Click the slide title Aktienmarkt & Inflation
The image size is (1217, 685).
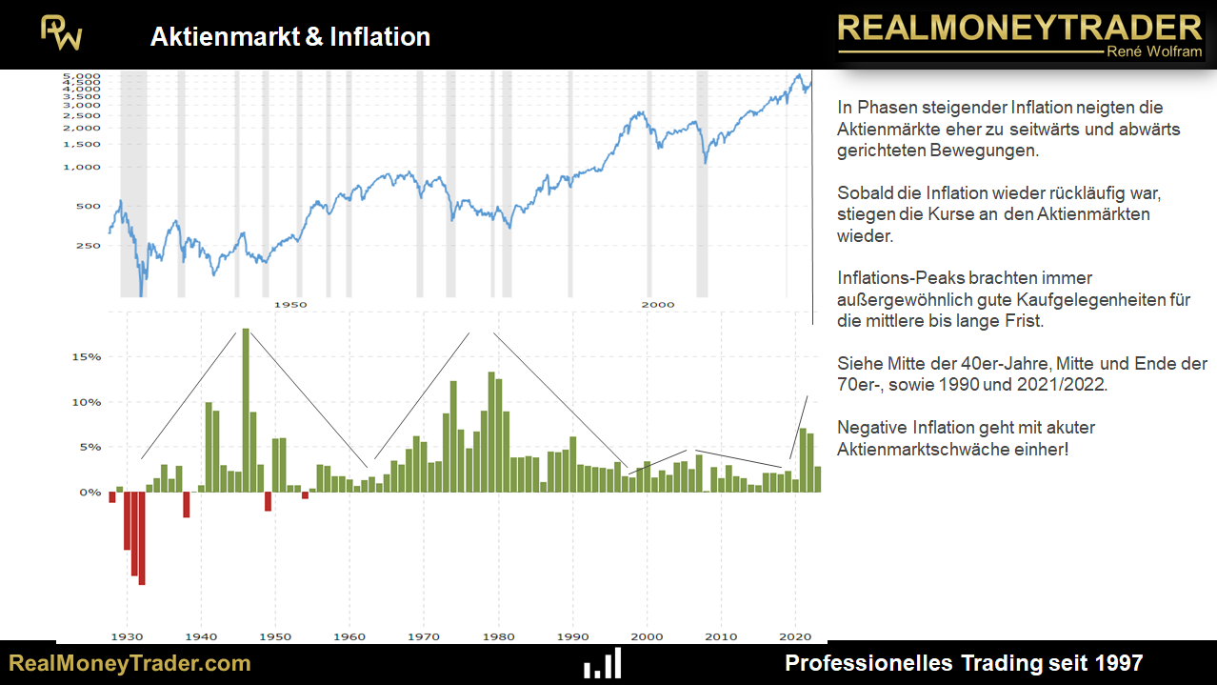tap(289, 37)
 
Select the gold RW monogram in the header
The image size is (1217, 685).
tap(61, 33)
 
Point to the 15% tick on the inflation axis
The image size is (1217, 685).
tap(88, 357)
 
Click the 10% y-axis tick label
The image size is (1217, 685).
tap(88, 402)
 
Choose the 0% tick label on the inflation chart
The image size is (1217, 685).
tap(90, 493)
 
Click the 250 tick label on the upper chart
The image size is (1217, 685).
tap(88, 246)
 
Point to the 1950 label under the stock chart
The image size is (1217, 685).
tap(290, 304)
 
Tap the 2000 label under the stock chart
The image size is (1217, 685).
tap(657, 304)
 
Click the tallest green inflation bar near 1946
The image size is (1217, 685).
tap(246, 410)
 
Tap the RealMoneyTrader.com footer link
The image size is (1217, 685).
tap(130, 663)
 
